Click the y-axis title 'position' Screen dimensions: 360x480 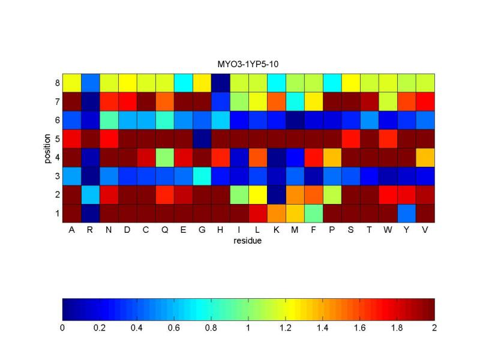[47, 148]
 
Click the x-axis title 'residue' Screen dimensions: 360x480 [248, 242]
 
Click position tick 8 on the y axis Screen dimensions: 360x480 [57, 82]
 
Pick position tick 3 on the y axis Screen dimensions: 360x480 [57, 175]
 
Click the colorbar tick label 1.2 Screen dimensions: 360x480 [286, 328]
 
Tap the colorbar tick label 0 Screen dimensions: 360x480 [62, 328]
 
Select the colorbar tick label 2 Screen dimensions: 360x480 [434, 328]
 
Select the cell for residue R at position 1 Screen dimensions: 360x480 [90, 212]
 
